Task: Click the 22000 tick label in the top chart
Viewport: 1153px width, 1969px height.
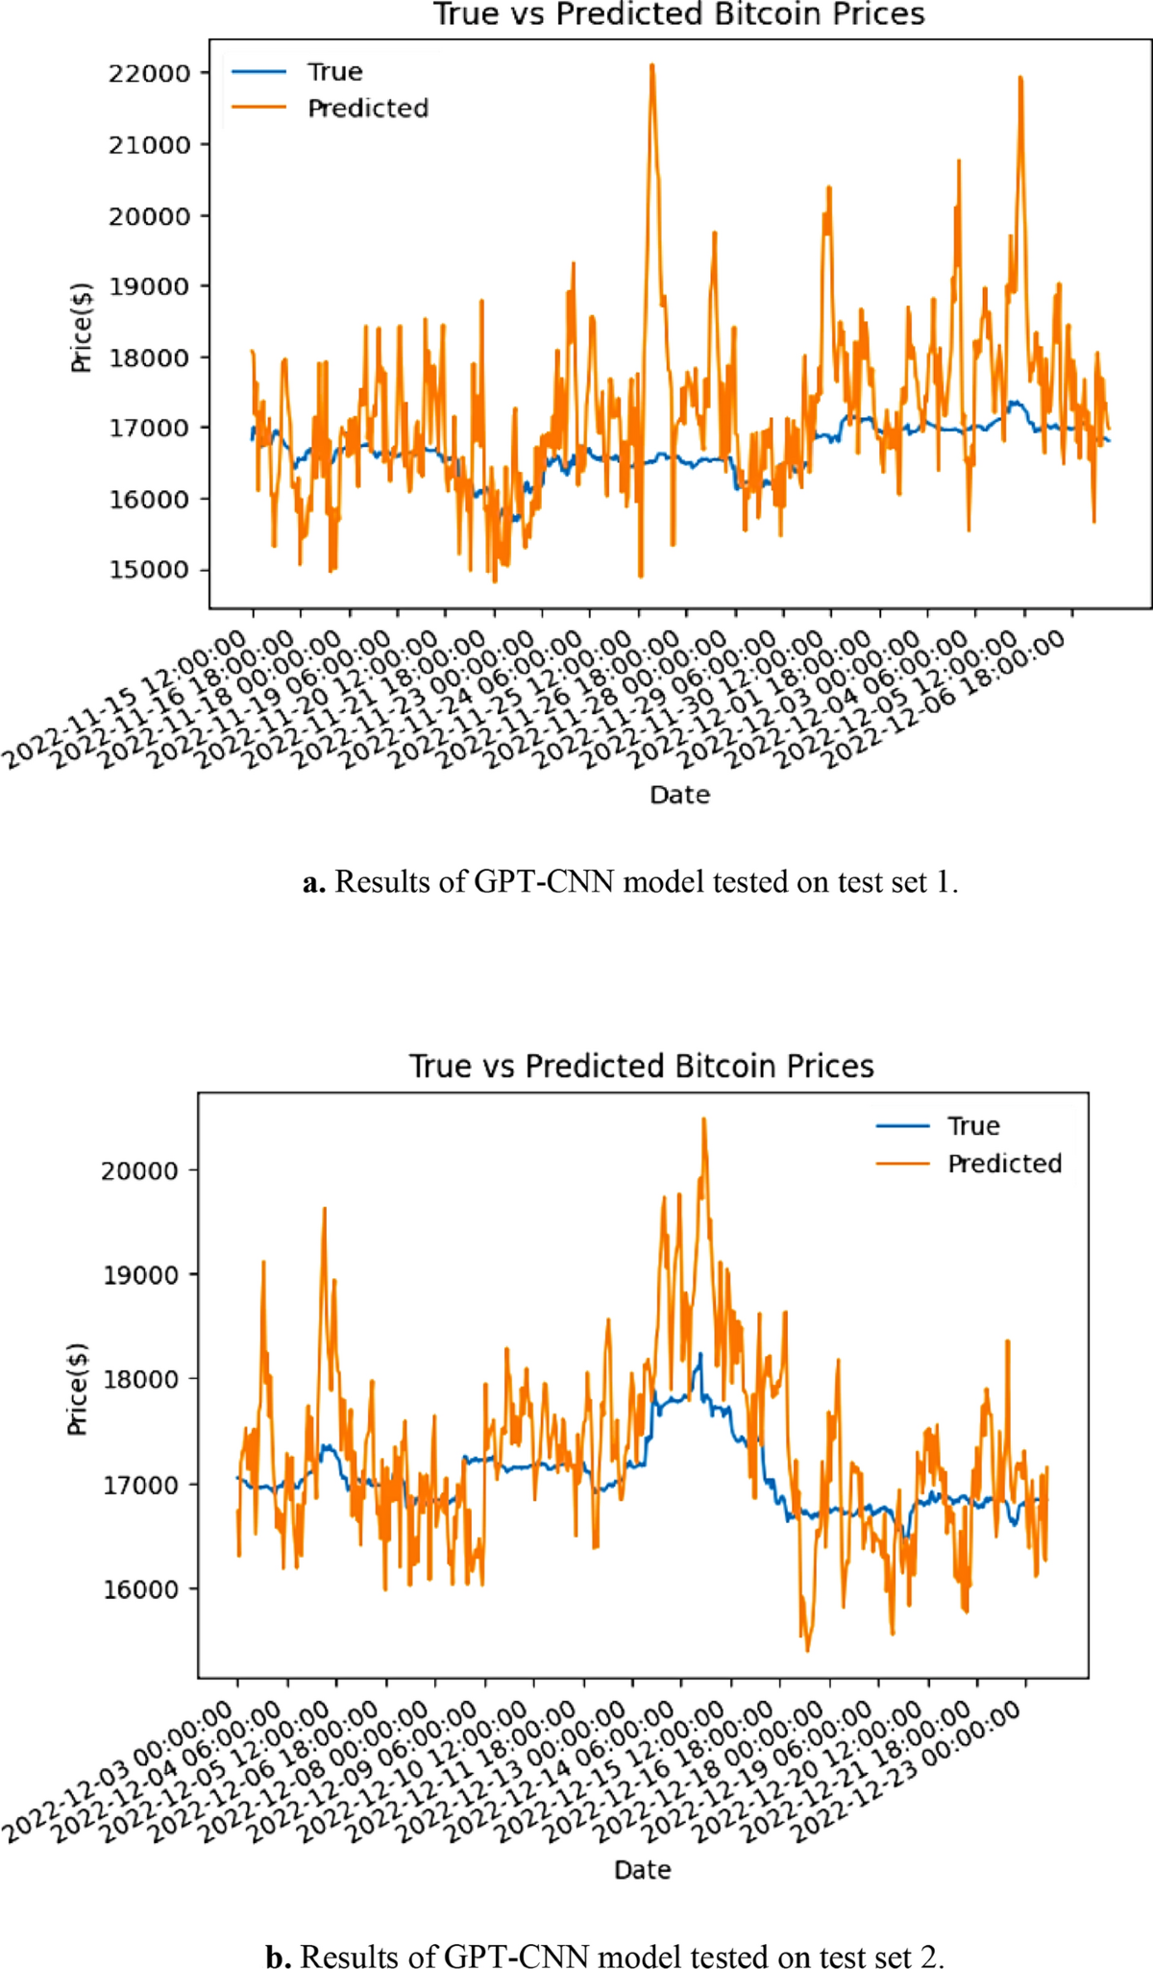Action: [x=149, y=73]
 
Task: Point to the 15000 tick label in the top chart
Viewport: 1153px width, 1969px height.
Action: [x=149, y=570]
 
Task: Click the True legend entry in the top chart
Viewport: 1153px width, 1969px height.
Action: [x=333, y=72]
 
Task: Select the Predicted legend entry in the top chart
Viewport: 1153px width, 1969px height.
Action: [x=367, y=109]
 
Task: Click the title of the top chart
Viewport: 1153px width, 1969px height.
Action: [x=678, y=14]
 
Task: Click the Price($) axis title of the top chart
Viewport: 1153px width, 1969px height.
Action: [x=82, y=328]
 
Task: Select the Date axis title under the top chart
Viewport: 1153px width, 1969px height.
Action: [x=679, y=795]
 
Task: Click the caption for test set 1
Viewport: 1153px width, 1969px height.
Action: [x=629, y=881]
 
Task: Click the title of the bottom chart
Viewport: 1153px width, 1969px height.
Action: [x=641, y=1066]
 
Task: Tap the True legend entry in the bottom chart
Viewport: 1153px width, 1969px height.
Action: [x=972, y=1125]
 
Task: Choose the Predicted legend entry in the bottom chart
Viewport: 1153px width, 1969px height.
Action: [x=1004, y=1164]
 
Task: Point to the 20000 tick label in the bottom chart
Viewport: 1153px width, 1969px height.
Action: [x=139, y=1170]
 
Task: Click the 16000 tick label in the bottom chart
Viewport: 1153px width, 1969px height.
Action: [x=139, y=1589]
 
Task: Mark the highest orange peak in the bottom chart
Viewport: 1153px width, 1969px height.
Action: [x=703, y=1120]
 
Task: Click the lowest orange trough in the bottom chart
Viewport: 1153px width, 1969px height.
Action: [x=807, y=1650]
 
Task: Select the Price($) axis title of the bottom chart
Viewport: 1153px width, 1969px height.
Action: [x=78, y=1389]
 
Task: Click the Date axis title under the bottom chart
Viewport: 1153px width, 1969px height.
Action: [x=642, y=1870]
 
